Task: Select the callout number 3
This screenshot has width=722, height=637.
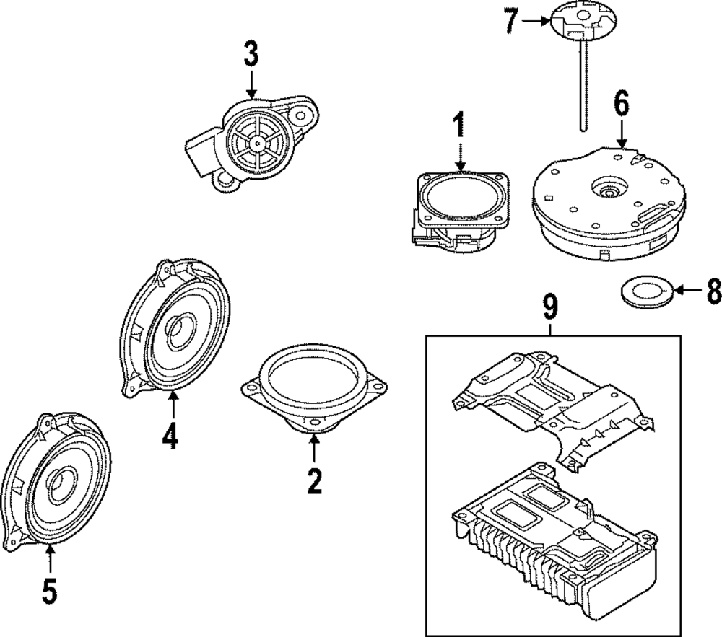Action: [250, 55]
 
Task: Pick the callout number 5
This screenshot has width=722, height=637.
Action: [49, 590]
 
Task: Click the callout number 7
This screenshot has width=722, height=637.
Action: [511, 22]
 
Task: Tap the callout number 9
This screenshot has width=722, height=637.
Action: [550, 307]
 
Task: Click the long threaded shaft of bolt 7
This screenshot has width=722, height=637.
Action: [581, 87]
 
